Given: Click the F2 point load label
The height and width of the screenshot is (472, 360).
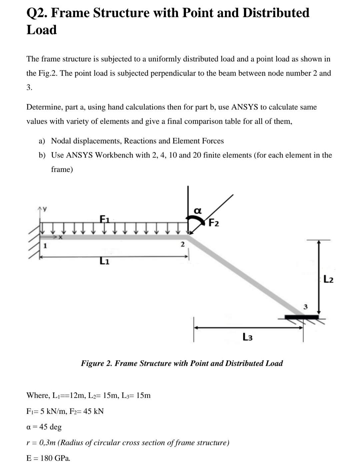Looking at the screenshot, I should tap(214, 223).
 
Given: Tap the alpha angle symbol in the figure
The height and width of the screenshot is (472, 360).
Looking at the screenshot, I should tap(197, 211).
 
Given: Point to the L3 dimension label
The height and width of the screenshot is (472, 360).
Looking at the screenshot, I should tap(247, 337).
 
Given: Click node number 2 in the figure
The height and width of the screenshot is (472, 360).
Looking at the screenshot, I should tap(182, 245).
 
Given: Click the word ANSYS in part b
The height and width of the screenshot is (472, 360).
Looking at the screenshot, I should tap(80, 155).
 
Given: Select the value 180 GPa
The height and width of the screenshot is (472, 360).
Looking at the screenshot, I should tap(55, 458).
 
